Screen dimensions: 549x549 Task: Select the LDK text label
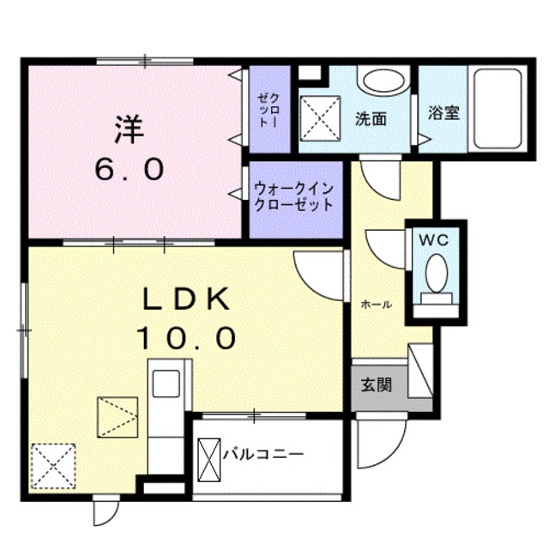click(x=184, y=300)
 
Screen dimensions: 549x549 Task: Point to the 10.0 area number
click(x=184, y=339)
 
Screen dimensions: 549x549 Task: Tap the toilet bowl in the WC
click(x=435, y=275)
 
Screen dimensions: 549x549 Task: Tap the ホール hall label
click(x=377, y=305)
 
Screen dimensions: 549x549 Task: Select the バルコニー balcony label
click(x=262, y=453)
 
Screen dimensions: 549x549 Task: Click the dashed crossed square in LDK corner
click(x=51, y=467)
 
